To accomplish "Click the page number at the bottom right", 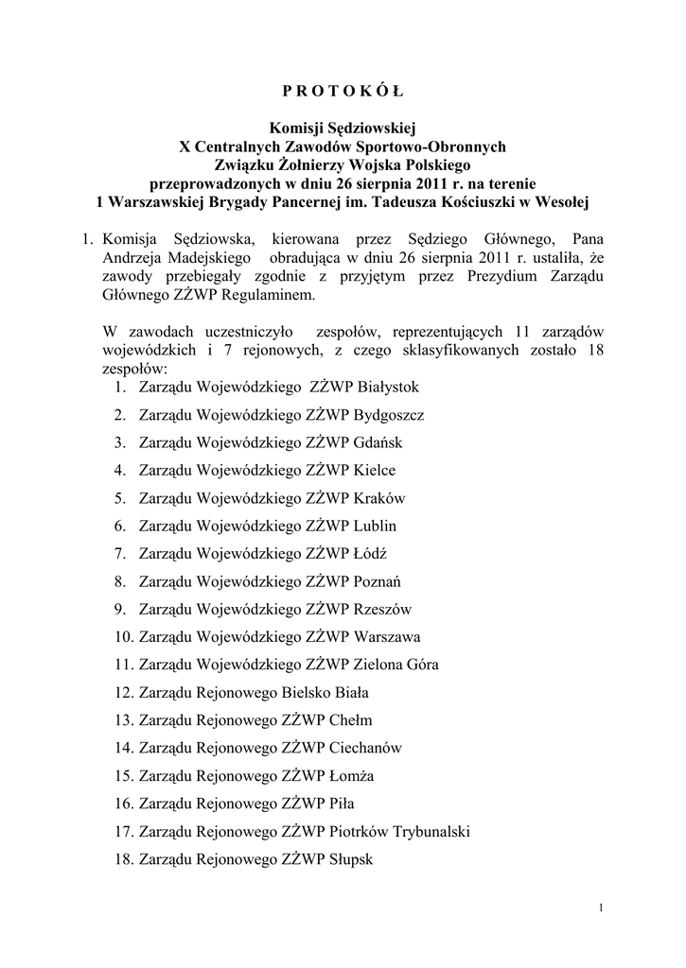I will pos(600,908).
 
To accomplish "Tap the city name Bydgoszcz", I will pos(388,415).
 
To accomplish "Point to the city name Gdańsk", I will pos(377,442).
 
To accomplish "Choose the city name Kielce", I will pos(374,470).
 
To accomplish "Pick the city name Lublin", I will pos(375,526).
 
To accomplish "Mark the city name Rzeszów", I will pos(382,609).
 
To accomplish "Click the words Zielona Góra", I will pos(396,664).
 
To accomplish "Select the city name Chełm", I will pos(351,719).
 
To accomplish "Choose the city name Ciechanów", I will pos(365,747).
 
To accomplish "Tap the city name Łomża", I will pos(352,774).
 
